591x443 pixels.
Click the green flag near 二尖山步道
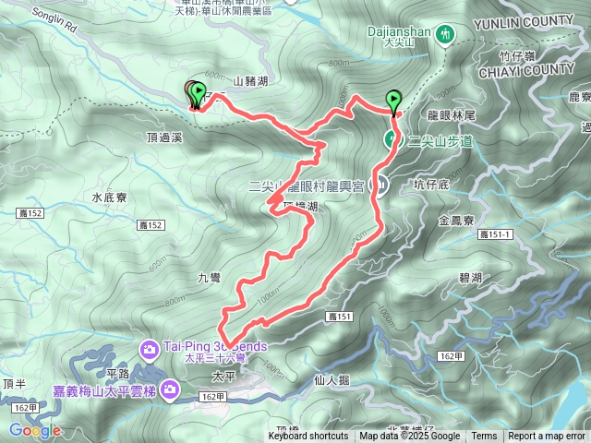394,100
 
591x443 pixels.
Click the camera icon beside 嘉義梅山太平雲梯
171,389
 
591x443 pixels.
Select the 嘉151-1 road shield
495,236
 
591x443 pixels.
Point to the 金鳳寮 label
456,221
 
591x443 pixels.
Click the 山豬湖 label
250,83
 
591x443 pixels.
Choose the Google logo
35,430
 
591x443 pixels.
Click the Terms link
484,437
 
